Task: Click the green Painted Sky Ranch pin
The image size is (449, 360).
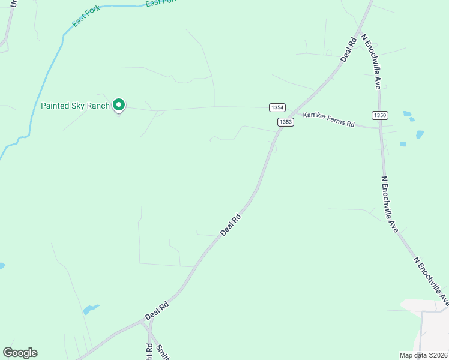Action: tap(119, 106)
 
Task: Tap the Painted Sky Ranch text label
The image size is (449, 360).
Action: tap(75, 106)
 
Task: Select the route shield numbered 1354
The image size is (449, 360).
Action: tap(277, 107)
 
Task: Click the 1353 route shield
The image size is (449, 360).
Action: tap(285, 122)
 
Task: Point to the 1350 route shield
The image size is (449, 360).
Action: tap(379, 115)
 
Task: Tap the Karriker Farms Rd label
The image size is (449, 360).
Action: tap(329, 119)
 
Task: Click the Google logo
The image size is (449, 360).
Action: tap(20, 353)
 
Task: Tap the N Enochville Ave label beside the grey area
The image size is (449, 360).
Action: tap(431, 281)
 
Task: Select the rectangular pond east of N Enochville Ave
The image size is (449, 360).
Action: tap(403, 144)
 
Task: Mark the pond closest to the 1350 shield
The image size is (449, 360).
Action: tap(408, 113)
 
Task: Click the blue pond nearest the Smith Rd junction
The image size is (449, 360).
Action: tap(91, 310)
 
